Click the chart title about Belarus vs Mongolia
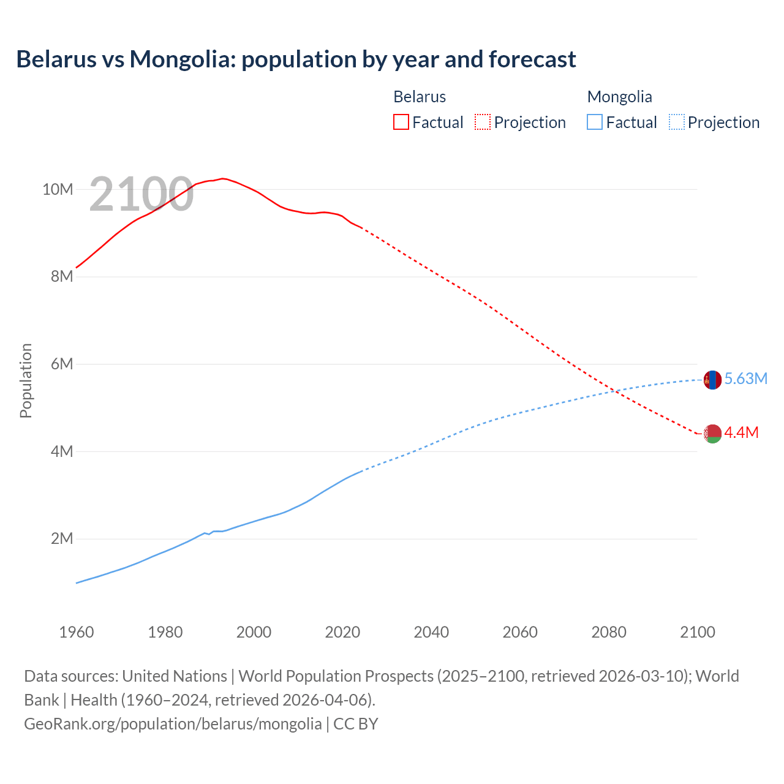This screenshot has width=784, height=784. [x=296, y=59]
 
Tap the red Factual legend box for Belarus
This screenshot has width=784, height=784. [x=401, y=122]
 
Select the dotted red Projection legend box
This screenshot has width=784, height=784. [x=483, y=122]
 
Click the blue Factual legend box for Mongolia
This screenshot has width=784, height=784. [x=594, y=122]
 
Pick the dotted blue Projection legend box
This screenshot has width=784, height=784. [x=677, y=122]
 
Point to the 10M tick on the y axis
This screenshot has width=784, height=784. [x=58, y=189]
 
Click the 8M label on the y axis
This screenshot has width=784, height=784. [x=61, y=276]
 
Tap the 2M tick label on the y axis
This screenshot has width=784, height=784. [x=61, y=538]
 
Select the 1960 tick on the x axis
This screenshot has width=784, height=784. [x=77, y=631]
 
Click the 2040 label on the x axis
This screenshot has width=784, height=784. [x=431, y=631]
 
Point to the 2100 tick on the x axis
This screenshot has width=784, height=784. [x=697, y=631]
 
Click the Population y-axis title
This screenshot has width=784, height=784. [x=26, y=380]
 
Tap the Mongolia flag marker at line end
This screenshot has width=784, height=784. [x=712, y=380]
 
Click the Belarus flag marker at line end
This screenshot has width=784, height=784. [x=712, y=434]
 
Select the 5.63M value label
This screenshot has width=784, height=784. [x=745, y=379]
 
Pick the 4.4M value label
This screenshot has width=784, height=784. [x=741, y=432]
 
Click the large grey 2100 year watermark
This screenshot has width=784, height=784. [x=141, y=194]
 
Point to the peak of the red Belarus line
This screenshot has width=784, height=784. [x=223, y=178]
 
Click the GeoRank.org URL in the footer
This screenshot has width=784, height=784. [x=173, y=723]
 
